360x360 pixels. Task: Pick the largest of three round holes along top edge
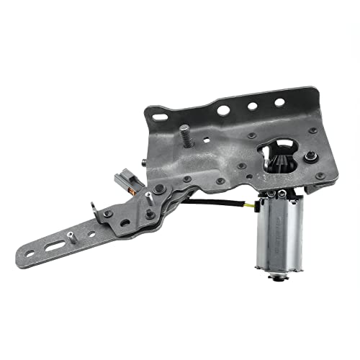[x=224, y=110]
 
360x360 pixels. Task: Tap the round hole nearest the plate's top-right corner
[x=279, y=102]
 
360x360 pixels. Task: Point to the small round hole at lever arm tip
[x=29, y=256]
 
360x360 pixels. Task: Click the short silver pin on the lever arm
[x=74, y=234]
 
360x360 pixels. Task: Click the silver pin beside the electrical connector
[x=148, y=194]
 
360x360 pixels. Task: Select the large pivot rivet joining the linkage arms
[x=159, y=189]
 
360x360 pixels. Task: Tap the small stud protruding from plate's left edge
[x=146, y=163]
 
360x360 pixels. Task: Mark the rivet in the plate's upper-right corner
[x=312, y=130]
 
